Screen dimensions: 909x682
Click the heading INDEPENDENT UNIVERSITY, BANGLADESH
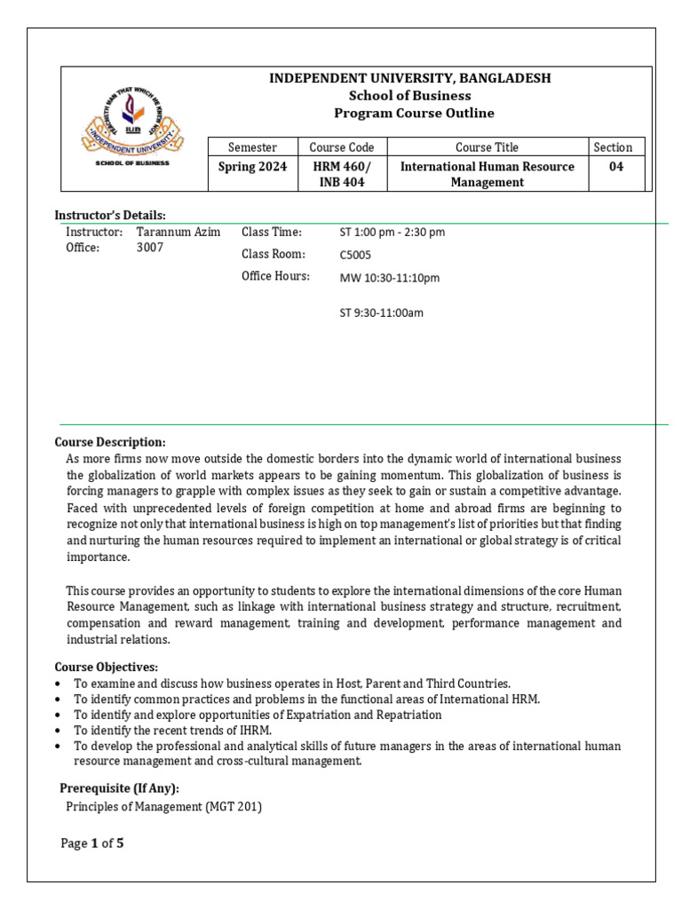point(409,78)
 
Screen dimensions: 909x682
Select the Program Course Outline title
point(414,113)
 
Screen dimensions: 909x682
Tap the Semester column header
point(252,147)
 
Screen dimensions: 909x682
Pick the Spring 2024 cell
point(252,167)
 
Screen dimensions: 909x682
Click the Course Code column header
point(341,147)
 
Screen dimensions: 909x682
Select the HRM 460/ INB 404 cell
point(341,174)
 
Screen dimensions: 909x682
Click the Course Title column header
point(487,147)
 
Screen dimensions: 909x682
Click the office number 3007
point(150,248)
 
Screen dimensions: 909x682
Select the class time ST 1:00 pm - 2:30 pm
point(392,233)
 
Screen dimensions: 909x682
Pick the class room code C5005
point(355,255)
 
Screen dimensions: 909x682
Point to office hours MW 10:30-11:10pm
point(389,278)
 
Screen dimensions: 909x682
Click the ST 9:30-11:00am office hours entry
point(381,312)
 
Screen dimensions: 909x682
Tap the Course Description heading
point(110,442)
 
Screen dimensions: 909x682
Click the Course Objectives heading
point(107,667)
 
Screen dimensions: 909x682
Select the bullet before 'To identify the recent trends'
point(58,730)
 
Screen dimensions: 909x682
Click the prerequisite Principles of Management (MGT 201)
point(164,807)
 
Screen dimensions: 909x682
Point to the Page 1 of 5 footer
point(91,843)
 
